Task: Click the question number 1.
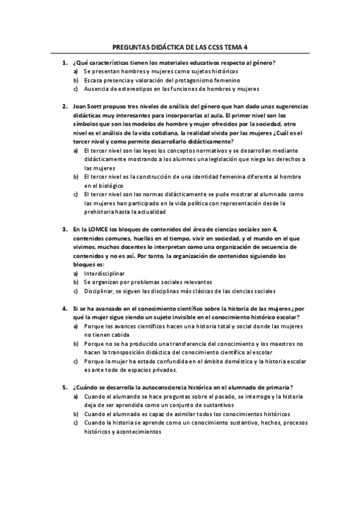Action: [x=64, y=63]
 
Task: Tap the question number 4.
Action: [x=64, y=308]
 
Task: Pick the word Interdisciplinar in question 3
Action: [x=105, y=273]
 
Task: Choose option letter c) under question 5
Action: [x=76, y=423]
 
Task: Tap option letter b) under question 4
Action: [x=76, y=343]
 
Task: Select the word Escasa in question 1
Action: [x=94, y=80]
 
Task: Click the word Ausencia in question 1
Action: [x=97, y=89]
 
